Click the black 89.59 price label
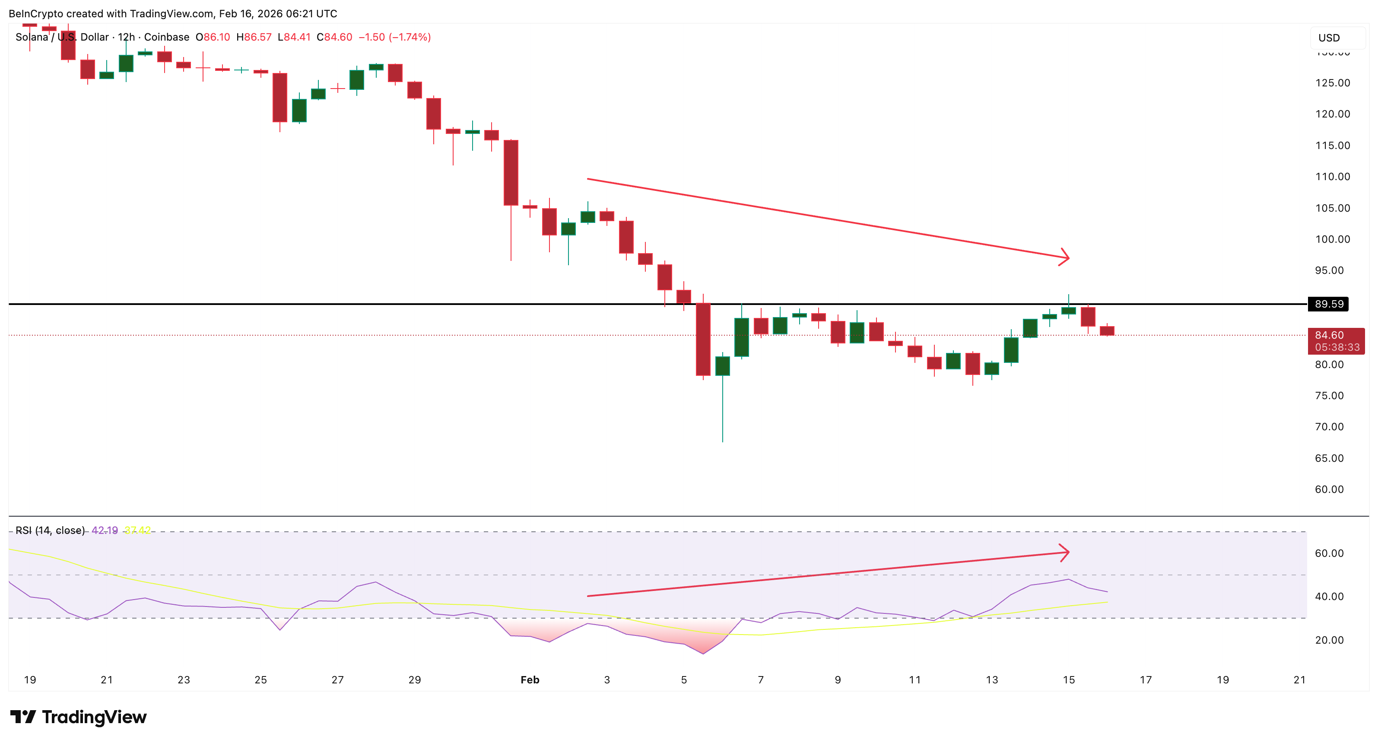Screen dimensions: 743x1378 1328,304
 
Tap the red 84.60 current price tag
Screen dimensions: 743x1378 1336,341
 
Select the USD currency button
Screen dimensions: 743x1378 1329,38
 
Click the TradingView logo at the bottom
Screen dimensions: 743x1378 78,716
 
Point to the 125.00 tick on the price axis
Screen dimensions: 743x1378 1333,83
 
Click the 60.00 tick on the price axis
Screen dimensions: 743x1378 1329,489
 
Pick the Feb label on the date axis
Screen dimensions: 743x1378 530,679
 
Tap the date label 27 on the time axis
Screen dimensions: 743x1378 337,679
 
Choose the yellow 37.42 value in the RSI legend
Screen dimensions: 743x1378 137,530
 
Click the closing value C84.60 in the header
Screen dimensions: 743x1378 334,37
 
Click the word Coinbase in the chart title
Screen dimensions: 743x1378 166,37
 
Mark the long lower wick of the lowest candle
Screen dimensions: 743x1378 722,409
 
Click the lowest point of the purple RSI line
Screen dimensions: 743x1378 703,653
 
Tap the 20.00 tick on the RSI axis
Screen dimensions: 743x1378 1329,640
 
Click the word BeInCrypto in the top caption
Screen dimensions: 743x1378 36,13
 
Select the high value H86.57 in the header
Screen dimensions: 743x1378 254,37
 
